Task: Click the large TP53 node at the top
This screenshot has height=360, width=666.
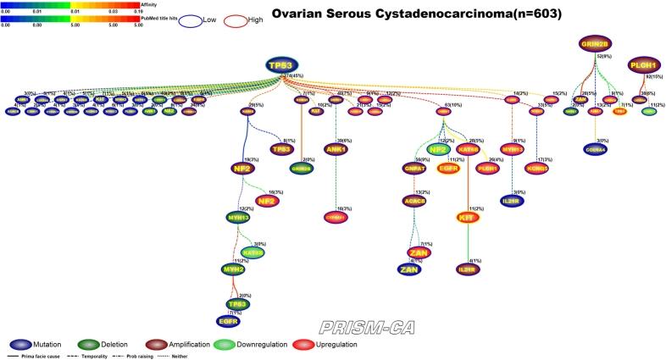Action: pos(283,66)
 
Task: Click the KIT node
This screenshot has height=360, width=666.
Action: pos(465,219)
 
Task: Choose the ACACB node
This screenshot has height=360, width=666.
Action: pos(414,202)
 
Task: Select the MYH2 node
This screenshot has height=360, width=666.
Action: pos(232,269)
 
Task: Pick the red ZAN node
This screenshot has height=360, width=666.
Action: pos(416,253)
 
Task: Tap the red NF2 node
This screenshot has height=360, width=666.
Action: pos(266,202)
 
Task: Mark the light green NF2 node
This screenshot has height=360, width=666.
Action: pos(437,150)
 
